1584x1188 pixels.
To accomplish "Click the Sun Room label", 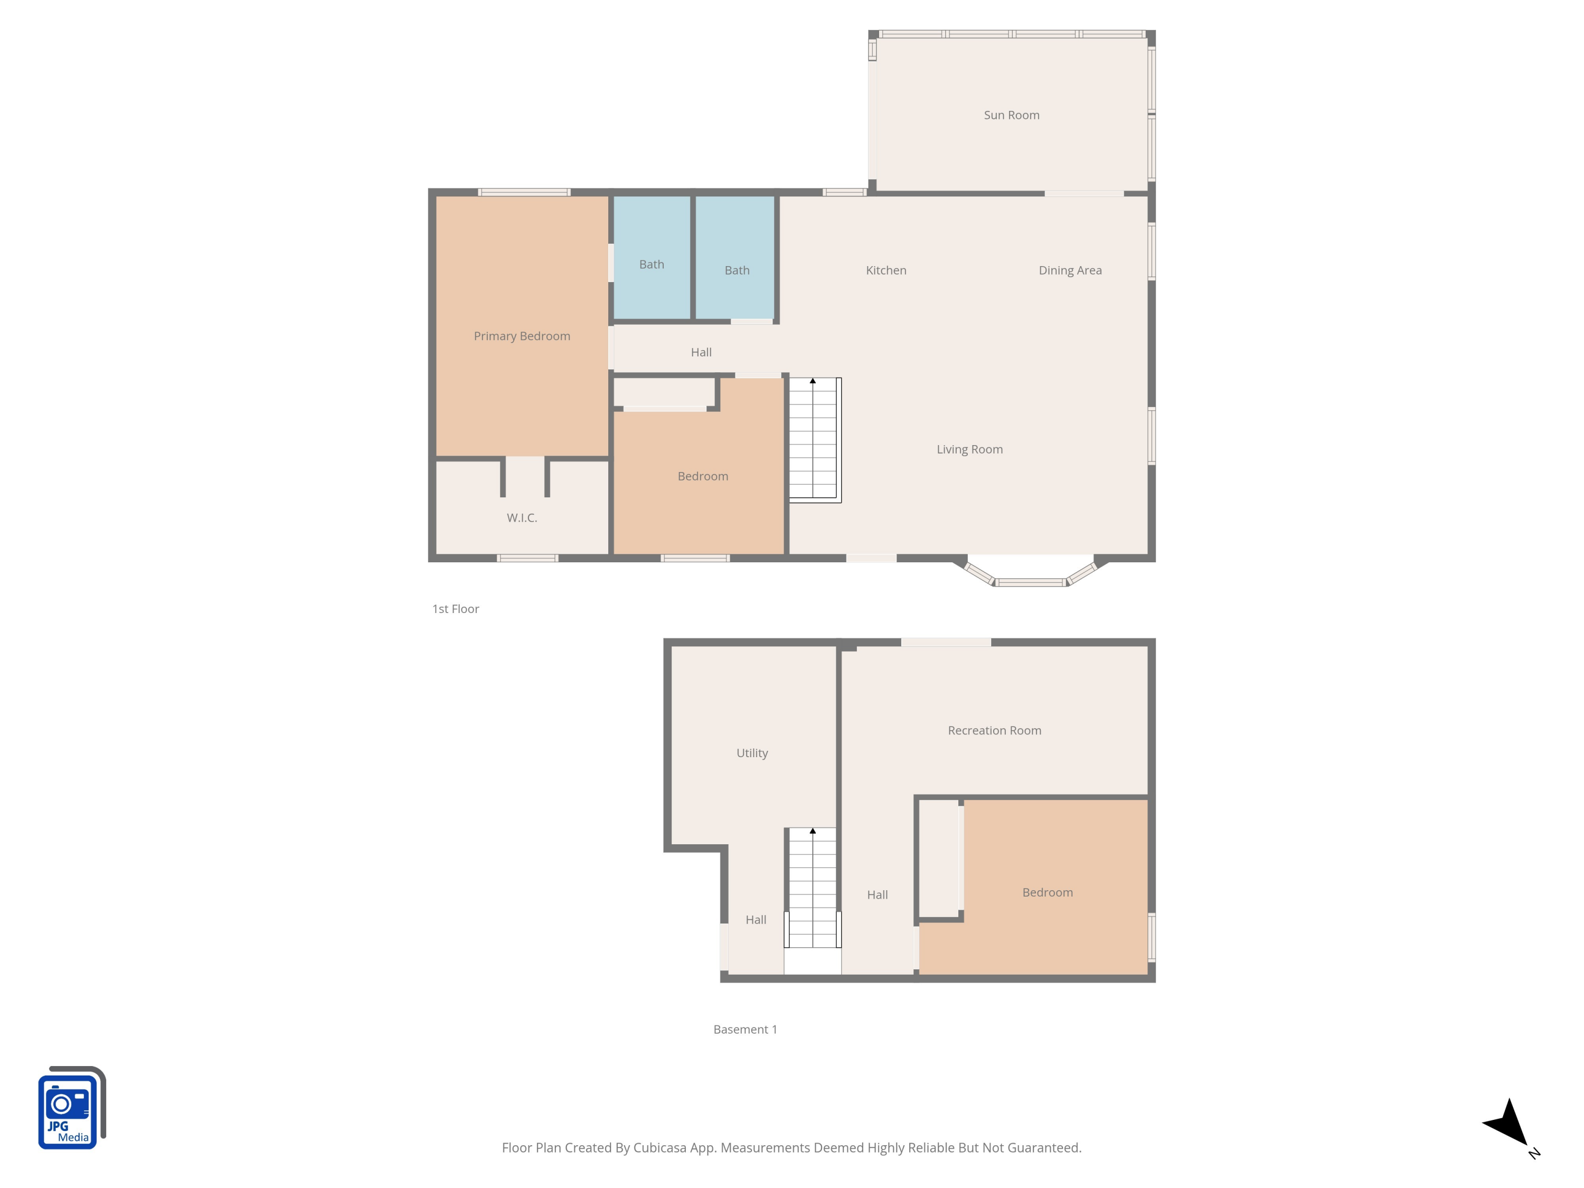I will point(1011,115).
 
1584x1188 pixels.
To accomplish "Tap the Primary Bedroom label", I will point(522,336).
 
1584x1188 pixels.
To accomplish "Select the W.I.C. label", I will point(522,518).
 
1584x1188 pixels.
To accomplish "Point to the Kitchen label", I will point(886,270).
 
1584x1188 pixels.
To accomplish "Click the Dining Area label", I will point(1070,270).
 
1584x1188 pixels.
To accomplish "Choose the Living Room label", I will point(969,449).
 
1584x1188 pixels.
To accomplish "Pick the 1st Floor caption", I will point(456,609).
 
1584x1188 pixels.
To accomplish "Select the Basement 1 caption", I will point(744,1029).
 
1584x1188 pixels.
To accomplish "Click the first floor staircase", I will point(814,438).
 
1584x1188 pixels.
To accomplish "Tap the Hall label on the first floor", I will point(701,352).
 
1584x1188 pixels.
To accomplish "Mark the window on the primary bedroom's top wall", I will point(524,192).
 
